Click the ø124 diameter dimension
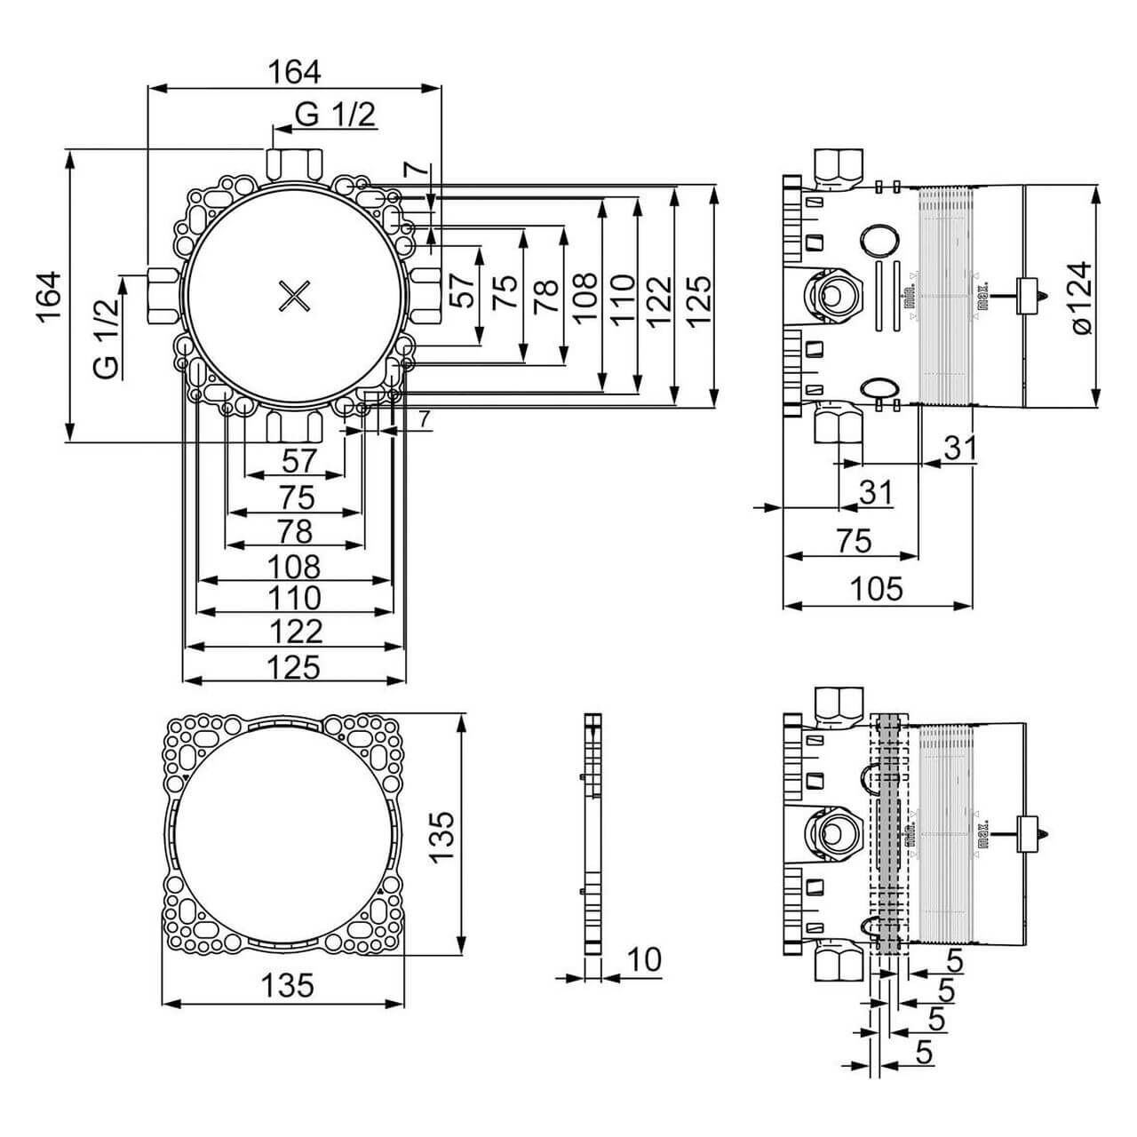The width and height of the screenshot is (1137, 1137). [x=1081, y=298]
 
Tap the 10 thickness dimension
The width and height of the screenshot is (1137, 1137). [x=645, y=959]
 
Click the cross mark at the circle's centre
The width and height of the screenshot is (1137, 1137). [x=294, y=296]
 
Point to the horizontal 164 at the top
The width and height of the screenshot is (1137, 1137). [x=294, y=70]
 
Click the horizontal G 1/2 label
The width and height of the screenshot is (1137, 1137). [x=336, y=114]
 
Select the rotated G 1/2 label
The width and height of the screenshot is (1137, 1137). [x=106, y=339]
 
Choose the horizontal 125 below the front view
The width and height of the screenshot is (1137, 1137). [x=294, y=665]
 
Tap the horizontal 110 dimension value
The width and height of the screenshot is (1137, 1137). [x=294, y=597]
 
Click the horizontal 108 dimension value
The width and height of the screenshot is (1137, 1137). [x=294, y=565]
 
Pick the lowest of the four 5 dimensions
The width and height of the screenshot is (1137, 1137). [x=925, y=1053]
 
